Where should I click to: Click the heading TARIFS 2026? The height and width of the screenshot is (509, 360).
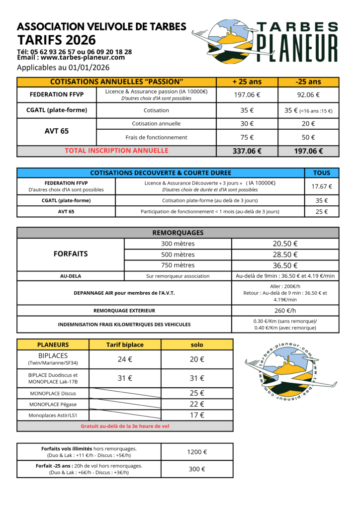(x=56, y=40)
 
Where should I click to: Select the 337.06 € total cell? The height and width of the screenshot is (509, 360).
(x=247, y=151)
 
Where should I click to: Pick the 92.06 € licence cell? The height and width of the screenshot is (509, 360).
(x=308, y=95)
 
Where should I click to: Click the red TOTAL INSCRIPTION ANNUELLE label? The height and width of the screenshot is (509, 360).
(x=116, y=151)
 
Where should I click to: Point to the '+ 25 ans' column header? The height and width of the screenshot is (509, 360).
(x=247, y=82)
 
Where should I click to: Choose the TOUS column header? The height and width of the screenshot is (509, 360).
(x=321, y=173)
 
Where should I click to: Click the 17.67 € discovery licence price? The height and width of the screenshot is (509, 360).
(x=321, y=186)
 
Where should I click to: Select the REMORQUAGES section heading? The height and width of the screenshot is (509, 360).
(x=178, y=233)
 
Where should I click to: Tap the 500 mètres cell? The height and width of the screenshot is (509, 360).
(x=178, y=254)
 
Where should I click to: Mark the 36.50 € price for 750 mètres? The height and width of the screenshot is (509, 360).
(x=285, y=265)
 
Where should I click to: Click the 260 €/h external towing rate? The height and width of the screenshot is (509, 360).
(x=285, y=311)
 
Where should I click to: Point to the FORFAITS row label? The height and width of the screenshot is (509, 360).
(x=70, y=254)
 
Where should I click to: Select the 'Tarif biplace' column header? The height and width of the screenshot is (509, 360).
(x=125, y=344)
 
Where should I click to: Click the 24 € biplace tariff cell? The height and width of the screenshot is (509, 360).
(x=125, y=359)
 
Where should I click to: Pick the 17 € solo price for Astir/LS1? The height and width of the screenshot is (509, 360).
(x=197, y=415)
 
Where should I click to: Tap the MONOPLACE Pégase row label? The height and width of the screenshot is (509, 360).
(x=53, y=404)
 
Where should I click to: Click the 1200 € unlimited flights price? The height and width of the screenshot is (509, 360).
(x=197, y=452)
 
